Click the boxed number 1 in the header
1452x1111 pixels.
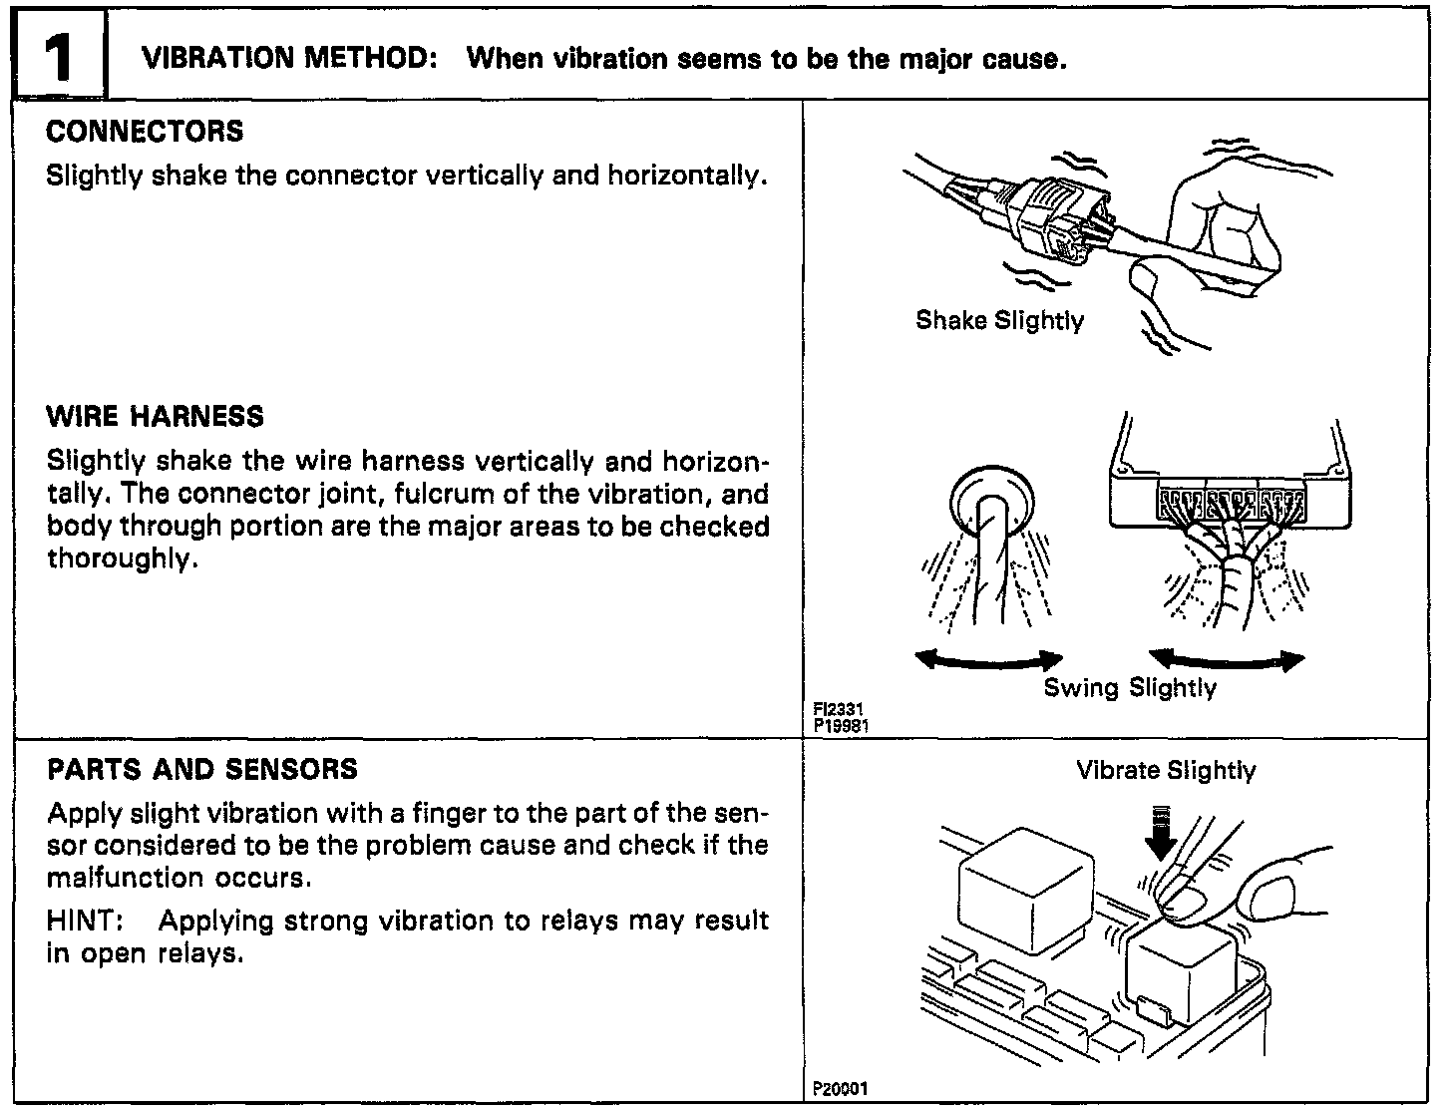pyautogui.click(x=57, y=59)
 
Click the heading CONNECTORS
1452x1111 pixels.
pyautogui.click(x=145, y=132)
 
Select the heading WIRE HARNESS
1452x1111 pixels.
pyautogui.click(x=155, y=417)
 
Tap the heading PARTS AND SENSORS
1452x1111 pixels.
pyautogui.click(x=202, y=770)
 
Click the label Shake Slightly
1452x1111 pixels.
pyautogui.click(x=999, y=321)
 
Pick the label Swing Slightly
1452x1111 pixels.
pyautogui.click(x=1130, y=688)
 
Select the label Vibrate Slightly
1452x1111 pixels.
pyautogui.click(x=1166, y=771)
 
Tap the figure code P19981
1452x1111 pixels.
pyautogui.click(x=842, y=726)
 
